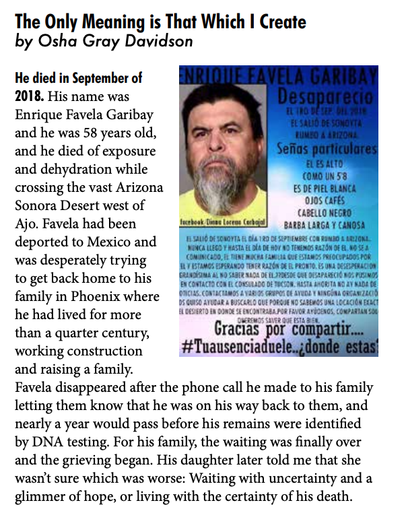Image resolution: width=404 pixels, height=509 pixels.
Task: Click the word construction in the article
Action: [x=100, y=351]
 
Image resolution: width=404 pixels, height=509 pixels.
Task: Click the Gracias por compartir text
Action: [x=290, y=330]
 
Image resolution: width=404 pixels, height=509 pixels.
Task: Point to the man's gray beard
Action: [x=214, y=191]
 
